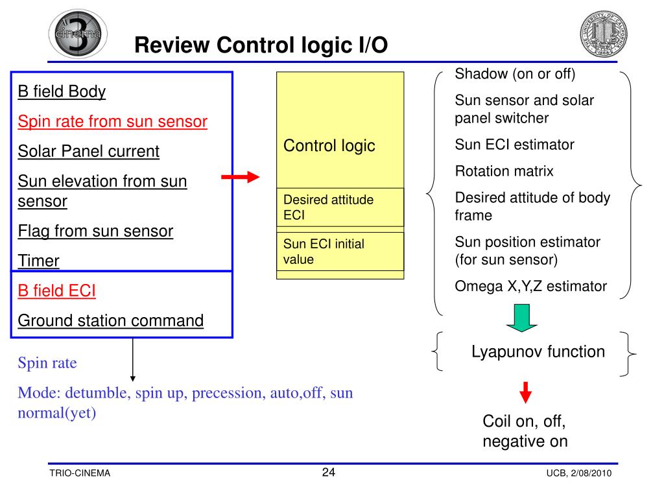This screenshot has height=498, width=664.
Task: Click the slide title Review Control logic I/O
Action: [261, 45]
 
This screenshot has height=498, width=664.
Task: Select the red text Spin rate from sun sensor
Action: [112, 121]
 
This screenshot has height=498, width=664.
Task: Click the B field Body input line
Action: [62, 91]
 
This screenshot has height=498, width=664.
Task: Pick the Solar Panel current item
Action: [88, 151]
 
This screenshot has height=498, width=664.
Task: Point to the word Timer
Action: [38, 261]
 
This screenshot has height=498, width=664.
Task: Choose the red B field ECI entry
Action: [56, 290]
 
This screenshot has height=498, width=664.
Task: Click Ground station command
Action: [110, 320]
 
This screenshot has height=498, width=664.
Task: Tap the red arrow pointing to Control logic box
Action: [240, 178]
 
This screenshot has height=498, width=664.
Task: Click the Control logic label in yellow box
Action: [329, 145]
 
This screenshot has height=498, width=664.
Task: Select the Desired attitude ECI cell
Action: [328, 207]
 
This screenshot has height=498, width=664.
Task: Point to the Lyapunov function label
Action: [538, 351]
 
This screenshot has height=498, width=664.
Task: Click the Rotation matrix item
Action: [504, 171]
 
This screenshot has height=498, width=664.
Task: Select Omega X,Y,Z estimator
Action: [530, 286]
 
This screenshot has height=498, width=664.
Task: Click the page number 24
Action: [329, 472]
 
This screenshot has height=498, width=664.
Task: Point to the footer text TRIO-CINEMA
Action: [80, 473]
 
